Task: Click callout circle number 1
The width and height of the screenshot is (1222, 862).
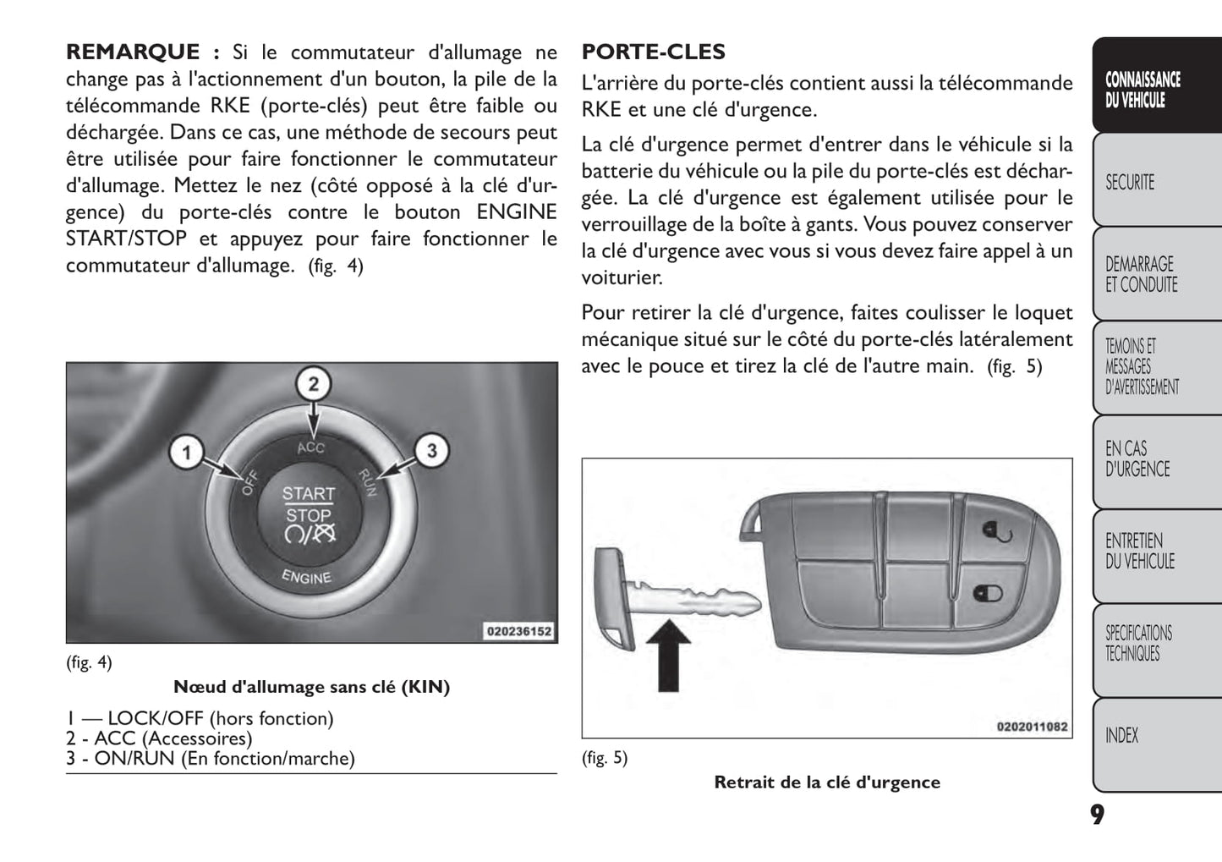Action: (186, 453)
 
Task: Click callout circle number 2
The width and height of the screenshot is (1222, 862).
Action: (313, 385)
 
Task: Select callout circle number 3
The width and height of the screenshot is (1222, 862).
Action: (431, 450)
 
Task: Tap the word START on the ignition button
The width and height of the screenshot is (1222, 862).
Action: (308, 493)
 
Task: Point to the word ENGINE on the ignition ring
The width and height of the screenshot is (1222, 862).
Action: (306, 577)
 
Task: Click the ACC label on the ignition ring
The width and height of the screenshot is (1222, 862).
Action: (310, 447)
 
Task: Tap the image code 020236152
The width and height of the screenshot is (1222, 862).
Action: (518, 631)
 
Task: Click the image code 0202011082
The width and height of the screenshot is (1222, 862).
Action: (1032, 727)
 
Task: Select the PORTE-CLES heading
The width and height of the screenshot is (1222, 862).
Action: (653, 52)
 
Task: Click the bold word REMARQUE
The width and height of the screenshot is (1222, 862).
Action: (133, 52)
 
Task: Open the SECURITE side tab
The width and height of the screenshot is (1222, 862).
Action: (1130, 182)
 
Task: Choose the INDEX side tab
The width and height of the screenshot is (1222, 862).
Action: (1122, 736)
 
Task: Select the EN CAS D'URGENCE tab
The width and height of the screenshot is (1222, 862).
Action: (1137, 459)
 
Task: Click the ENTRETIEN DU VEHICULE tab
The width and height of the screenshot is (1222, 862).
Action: (1139, 551)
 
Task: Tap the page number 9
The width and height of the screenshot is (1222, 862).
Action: (1096, 815)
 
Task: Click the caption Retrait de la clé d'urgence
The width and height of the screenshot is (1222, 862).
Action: (827, 782)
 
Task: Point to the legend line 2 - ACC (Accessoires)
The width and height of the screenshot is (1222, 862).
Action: (159, 738)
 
